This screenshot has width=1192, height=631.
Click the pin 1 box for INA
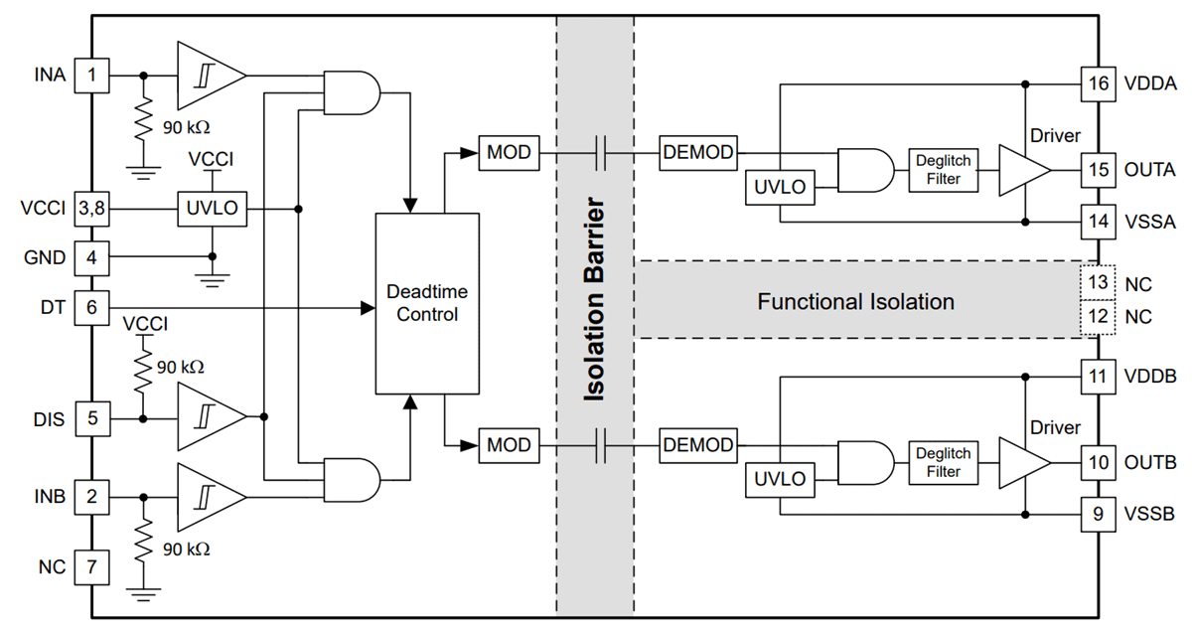[x=91, y=75]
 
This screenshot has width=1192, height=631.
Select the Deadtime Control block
[x=422, y=302]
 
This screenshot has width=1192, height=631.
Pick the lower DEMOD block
[x=699, y=445]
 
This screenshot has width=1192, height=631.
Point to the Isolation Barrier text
[x=594, y=301]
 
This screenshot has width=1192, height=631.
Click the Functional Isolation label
[x=855, y=302]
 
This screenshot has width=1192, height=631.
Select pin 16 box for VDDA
[x=1098, y=83]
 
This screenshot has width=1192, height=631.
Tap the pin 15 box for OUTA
[x=1098, y=170]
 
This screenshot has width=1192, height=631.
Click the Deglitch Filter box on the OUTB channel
[x=943, y=462]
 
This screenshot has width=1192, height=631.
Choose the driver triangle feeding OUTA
[x=1021, y=171]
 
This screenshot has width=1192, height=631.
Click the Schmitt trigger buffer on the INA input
[x=208, y=75]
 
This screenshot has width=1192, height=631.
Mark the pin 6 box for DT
[x=91, y=308]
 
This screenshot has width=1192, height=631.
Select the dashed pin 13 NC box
[x=1098, y=283]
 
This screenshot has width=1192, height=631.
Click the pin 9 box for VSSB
[x=1098, y=514]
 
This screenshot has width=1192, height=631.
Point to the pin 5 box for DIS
[x=91, y=418]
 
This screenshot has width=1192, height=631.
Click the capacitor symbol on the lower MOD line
[x=600, y=445]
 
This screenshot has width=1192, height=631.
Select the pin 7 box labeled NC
[x=91, y=566]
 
